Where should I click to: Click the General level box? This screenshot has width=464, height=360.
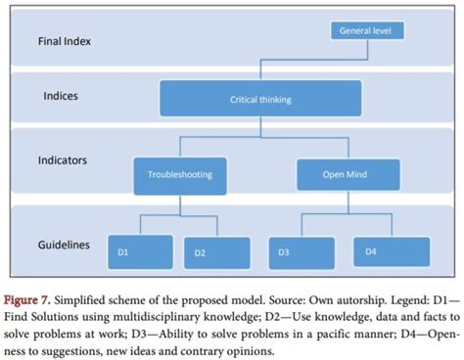point(365,31)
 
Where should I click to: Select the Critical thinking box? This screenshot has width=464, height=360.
point(260,99)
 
